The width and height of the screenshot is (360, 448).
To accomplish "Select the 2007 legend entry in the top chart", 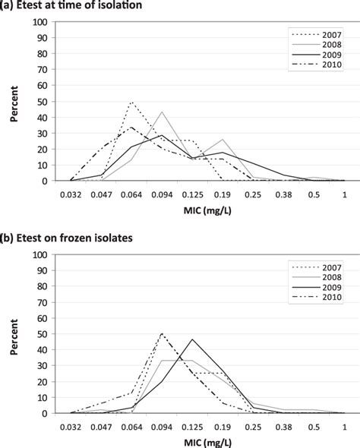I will click(x=322, y=34).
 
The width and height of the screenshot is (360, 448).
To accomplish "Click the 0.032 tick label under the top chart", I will click(x=71, y=195).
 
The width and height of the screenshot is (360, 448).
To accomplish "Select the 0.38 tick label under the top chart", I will click(x=284, y=195).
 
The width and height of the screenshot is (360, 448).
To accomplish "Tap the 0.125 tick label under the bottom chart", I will click(x=193, y=427).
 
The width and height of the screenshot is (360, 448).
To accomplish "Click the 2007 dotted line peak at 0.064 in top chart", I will click(x=131, y=102).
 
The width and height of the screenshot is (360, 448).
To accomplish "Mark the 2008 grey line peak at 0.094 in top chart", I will click(x=162, y=112).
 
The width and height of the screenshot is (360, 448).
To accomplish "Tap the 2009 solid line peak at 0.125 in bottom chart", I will click(x=192, y=339).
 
